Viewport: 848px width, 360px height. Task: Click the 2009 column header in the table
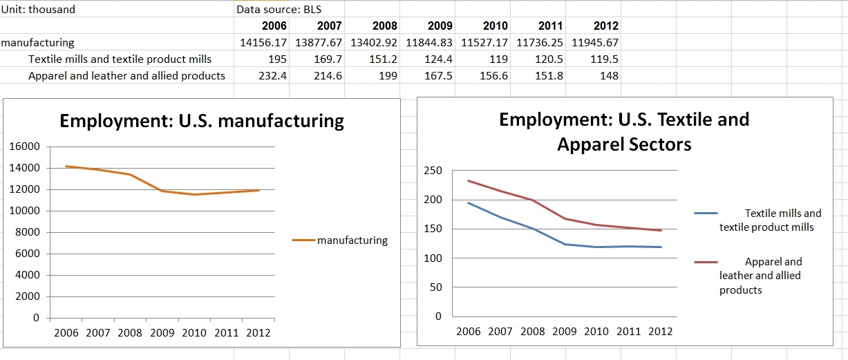coord(440,26)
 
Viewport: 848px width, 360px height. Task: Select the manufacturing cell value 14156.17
coord(263,43)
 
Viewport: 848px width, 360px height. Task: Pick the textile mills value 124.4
coord(439,59)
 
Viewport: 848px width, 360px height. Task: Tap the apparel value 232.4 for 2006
coord(272,76)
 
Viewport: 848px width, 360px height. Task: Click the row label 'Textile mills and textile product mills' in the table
coord(120,59)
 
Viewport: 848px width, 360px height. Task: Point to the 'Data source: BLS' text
coord(279,10)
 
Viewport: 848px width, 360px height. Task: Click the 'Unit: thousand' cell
coord(38,10)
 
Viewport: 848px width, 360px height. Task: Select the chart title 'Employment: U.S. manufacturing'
coord(202,122)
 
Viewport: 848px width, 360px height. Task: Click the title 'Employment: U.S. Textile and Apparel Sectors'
coord(623,131)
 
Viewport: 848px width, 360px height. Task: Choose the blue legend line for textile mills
coord(706,214)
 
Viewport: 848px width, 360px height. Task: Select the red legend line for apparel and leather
coord(706,263)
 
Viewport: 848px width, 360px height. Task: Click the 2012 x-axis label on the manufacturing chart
coord(258,333)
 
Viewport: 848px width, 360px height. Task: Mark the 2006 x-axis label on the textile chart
coord(469,332)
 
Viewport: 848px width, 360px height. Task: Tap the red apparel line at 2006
coord(469,180)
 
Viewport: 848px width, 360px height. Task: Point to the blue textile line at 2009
coord(565,244)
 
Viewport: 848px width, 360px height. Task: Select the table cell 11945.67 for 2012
coord(595,43)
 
